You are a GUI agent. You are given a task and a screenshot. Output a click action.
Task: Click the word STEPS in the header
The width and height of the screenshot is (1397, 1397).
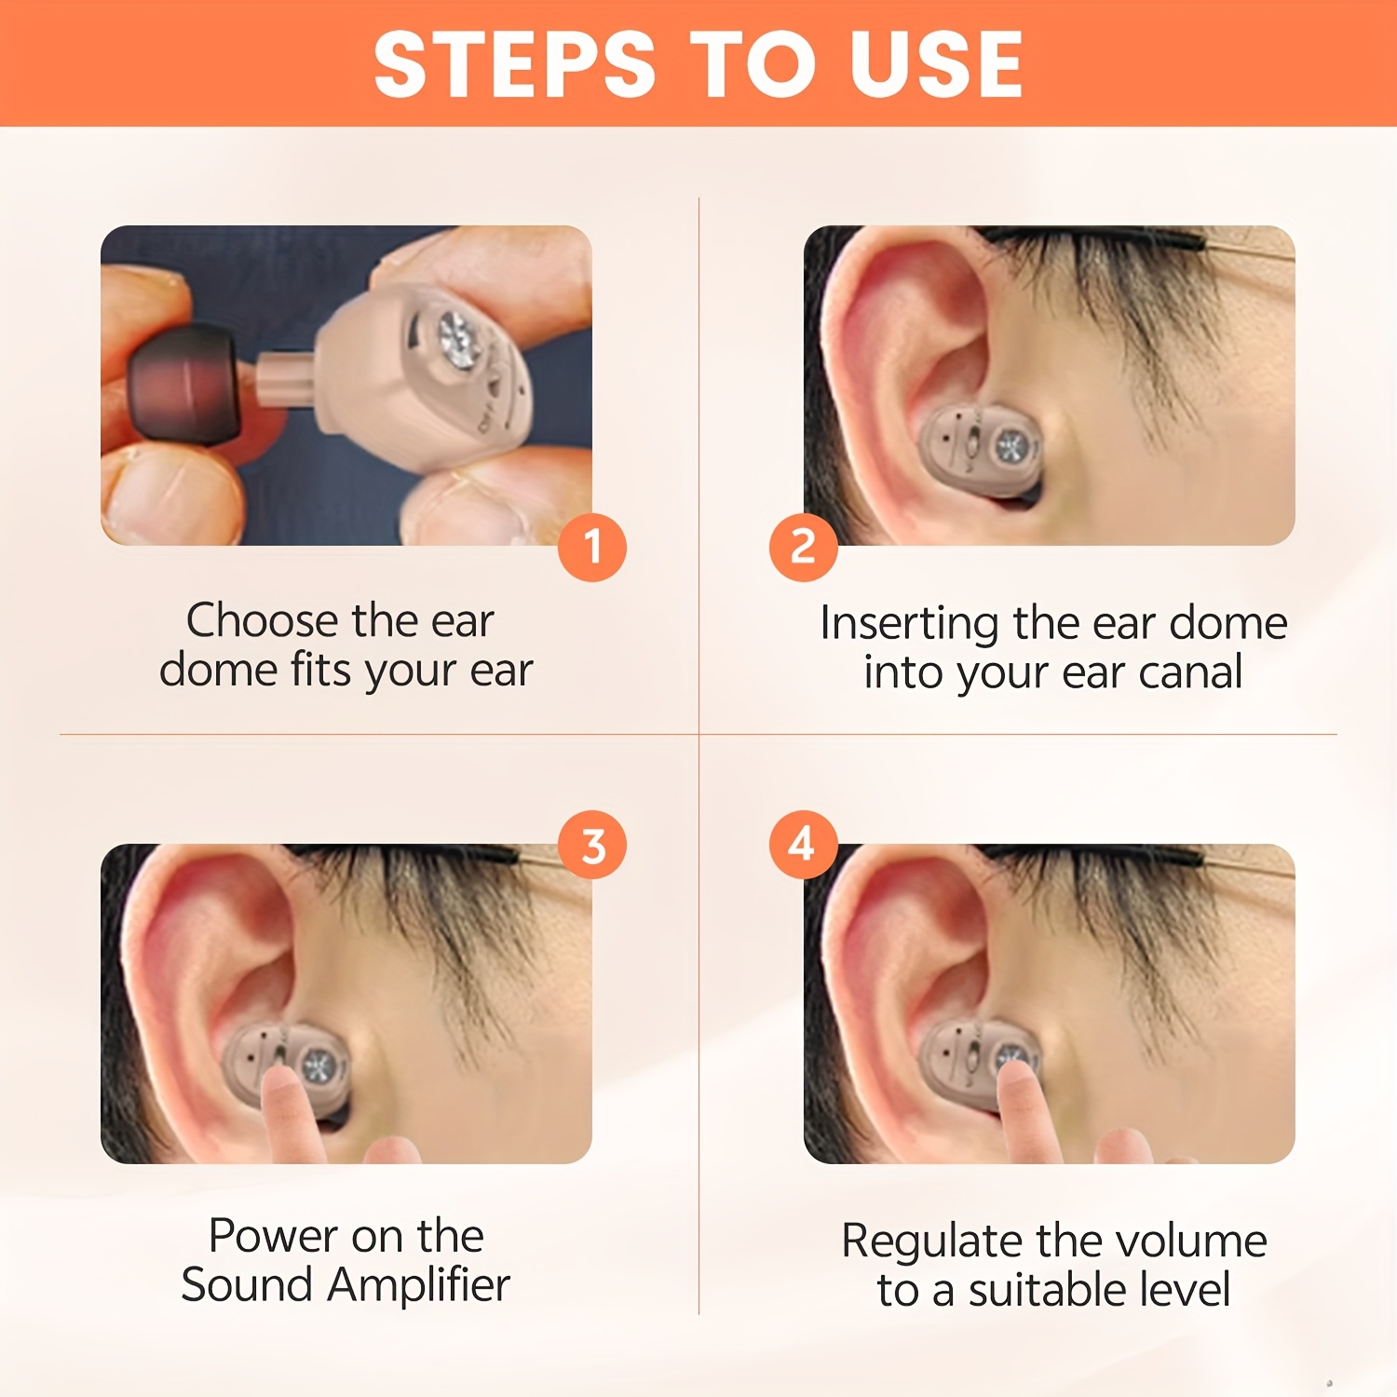515,63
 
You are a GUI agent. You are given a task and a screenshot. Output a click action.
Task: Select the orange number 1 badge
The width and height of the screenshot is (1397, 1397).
592,547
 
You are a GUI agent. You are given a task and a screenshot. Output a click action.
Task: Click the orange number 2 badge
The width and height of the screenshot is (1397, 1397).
803,547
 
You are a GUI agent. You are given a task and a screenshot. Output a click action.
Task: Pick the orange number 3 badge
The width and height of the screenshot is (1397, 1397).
592,846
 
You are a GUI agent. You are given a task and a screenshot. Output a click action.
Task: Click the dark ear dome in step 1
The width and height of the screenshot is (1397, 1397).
184,385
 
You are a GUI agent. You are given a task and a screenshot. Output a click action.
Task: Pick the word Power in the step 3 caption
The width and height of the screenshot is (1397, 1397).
273,1236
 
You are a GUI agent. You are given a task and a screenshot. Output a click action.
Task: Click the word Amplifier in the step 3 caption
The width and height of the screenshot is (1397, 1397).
419,1286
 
